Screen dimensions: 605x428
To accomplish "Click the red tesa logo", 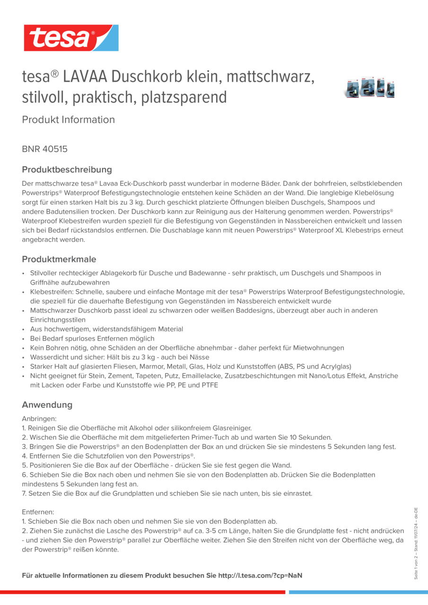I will pyautogui.click(x=71, y=38).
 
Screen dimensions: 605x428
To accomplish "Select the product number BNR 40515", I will pyautogui.click(x=44, y=149).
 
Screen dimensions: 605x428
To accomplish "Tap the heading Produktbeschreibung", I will pyautogui.click(x=67, y=170).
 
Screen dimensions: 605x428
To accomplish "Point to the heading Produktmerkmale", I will pyautogui.click(x=59, y=259).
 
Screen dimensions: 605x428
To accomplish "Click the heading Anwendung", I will pyautogui.click(x=47, y=405).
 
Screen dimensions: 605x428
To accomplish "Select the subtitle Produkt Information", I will pyautogui.click(x=68, y=120).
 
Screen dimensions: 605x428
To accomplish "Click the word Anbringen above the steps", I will pyautogui.click(x=39, y=419).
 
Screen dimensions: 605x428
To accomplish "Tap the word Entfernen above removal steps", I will pyautogui.click(x=38, y=512).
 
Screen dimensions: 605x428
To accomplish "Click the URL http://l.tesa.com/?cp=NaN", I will pyautogui.click(x=260, y=576).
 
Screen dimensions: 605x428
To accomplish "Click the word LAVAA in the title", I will pyautogui.click(x=85, y=77).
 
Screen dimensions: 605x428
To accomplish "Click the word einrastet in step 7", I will pyautogui.click(x=297, y=493).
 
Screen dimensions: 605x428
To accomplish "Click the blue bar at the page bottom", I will pyautogui.click(x=358, y=592).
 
